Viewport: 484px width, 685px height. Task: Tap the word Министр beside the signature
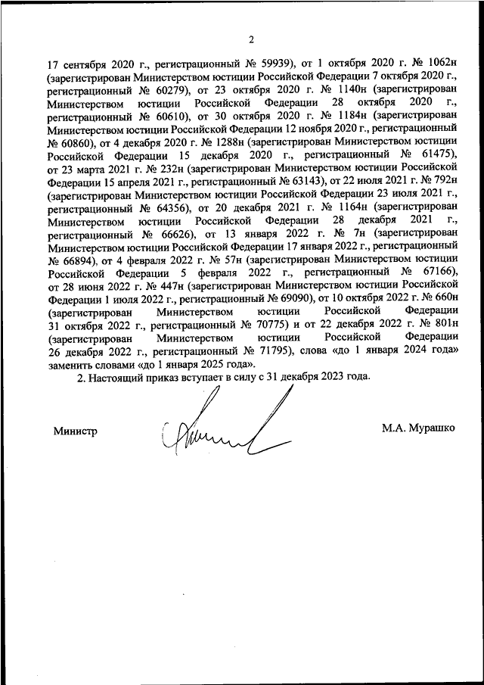[x=76, y=429]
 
